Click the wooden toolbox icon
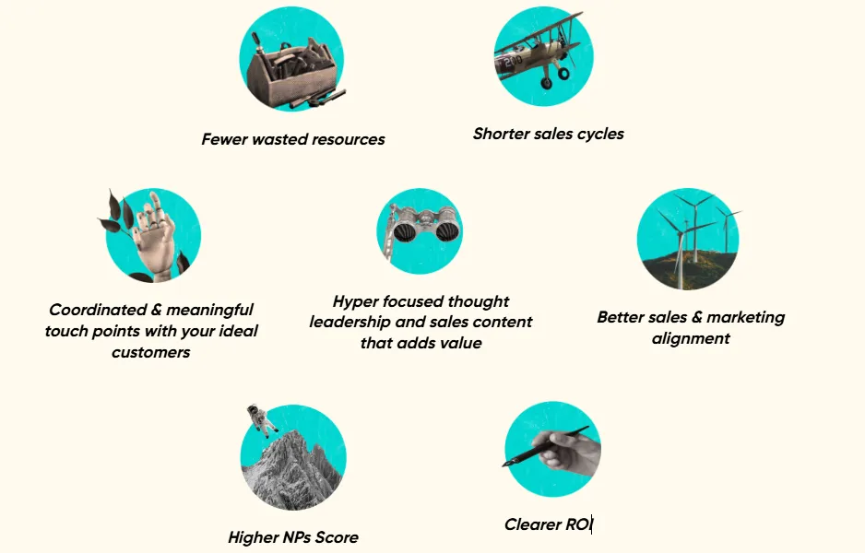point(292,72)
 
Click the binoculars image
point(422,227)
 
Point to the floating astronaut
point(261,420)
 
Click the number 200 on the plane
point(511,61)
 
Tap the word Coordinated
point(98,310)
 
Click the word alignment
point(691,338)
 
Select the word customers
point(150,352)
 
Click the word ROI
point(579,524)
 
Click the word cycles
point(600,134)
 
